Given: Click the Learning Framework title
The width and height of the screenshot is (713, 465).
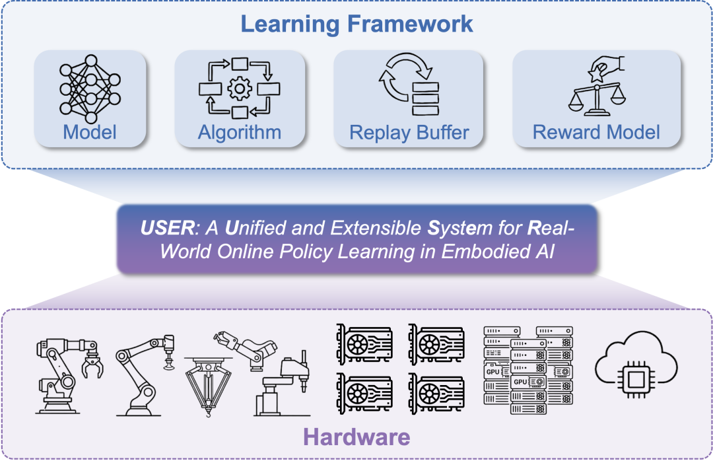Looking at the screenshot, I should [356, 24].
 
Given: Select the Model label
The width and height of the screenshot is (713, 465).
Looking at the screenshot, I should [90, 132].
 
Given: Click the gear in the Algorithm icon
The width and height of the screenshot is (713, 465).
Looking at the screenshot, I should [240, 89].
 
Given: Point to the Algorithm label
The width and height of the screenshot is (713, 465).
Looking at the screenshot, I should [240, 132].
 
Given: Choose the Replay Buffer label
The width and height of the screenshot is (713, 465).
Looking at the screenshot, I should [409, 132].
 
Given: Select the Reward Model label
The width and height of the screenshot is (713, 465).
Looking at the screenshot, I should [596, 132].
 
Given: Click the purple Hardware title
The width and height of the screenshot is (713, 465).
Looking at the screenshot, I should [356, 437].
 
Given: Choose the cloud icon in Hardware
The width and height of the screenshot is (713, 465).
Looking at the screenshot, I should [636, 369].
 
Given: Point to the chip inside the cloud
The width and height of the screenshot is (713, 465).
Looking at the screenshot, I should [635, 379].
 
